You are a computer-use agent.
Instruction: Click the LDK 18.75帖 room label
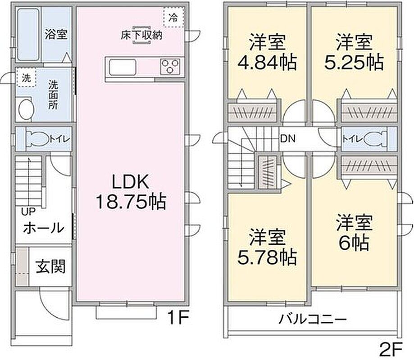tap(130, 191)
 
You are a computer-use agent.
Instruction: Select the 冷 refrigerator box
tap(173, 18)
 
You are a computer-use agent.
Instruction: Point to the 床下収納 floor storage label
tap(141, 36)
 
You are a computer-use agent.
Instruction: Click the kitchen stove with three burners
tap(171, 66)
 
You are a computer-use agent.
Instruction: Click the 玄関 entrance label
tap(50, 267)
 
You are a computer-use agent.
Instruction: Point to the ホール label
tap(43, 228)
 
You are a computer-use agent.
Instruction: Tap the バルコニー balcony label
tap(312, 320)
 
